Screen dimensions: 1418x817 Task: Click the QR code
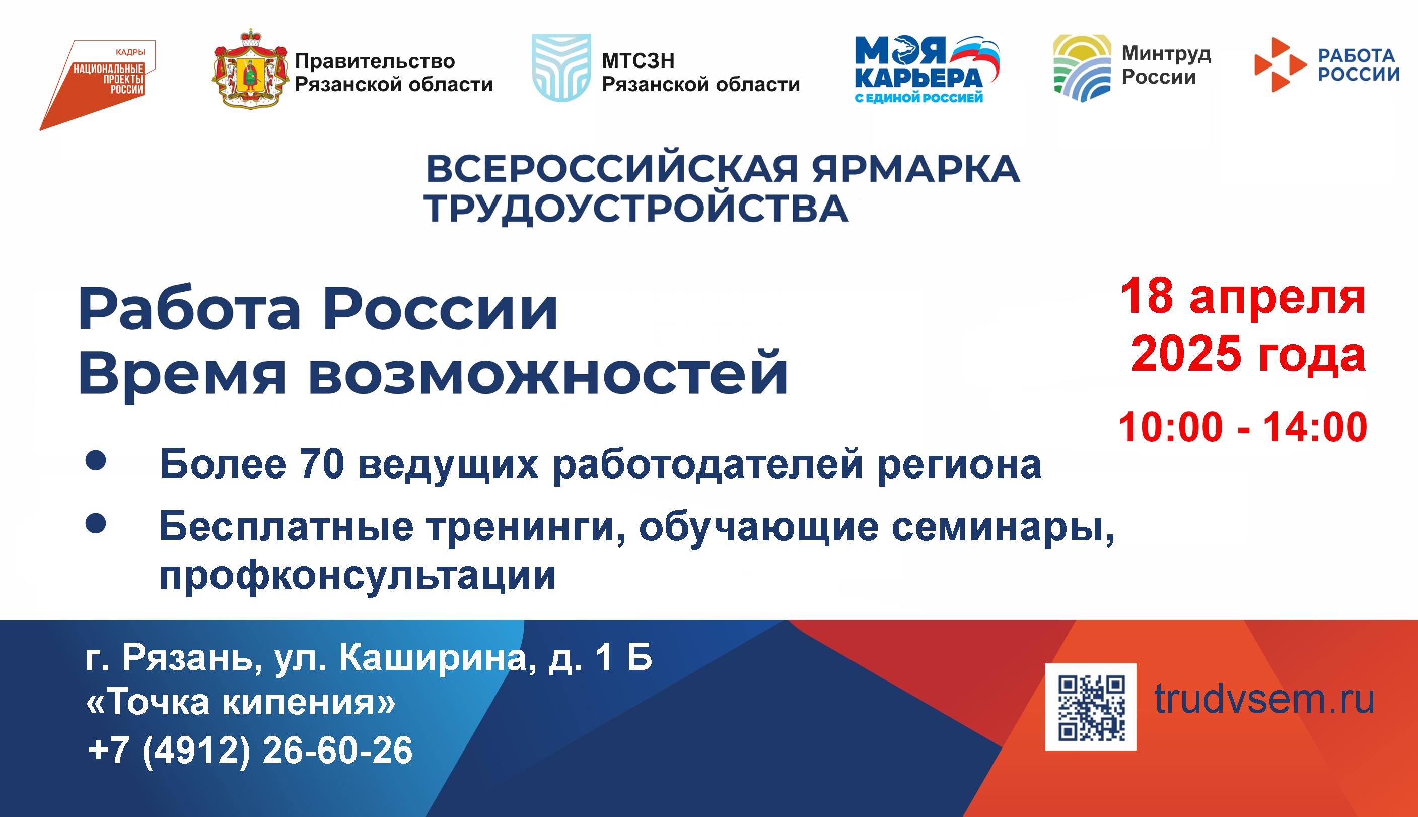[x=1090, y=707]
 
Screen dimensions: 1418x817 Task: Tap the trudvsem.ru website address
[x=1264, y=699]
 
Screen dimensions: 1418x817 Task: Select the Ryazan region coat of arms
[x=251, y=69]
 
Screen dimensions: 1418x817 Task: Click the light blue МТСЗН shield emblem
[x=561, y=67]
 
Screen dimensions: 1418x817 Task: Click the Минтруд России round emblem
[x=1082, y=68]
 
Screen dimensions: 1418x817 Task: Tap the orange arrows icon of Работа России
[x=1280, y=64]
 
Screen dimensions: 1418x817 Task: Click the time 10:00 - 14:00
[x=1243, y=427]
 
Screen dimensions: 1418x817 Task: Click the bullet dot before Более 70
[x=96, y=460]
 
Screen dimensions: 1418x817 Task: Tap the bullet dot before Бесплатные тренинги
[x=96, y=523]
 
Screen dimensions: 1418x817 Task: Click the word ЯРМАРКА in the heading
[x=915, y=169]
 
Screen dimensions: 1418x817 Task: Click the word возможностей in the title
[x=548, y=373]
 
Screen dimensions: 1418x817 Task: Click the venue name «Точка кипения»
[x=241, y=702]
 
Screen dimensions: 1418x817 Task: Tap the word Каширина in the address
[x=434, y=658]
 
